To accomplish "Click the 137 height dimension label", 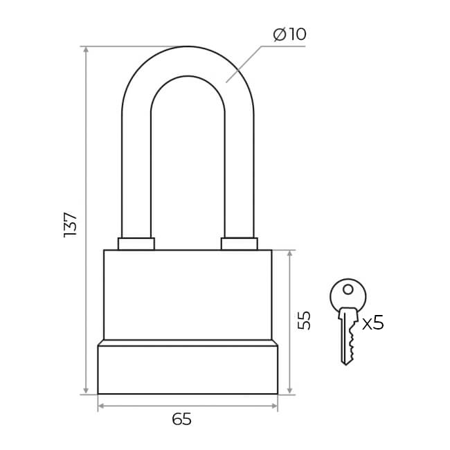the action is click(71, 225).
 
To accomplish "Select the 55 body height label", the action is click(304, 321).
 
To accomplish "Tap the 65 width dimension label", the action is click(181, 420).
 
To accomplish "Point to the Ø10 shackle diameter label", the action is click(290, 34).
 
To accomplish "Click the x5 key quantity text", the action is click(372, 323).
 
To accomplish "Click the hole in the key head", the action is click(348, 289).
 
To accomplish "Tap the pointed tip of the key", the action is click(346, 364).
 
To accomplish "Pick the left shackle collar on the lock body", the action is click(136, 244).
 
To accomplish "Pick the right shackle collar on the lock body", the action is click(240, 244).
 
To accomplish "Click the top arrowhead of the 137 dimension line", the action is click(86, 51).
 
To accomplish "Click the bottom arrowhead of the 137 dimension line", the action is click(86, 390).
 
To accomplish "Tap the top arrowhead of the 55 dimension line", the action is click(289, 254).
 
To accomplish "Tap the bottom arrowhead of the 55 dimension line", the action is click(289, 390).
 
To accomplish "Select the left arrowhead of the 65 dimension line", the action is click(102, 406).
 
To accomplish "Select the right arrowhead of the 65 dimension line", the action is click(273, 406).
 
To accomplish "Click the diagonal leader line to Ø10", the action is click(244, 64).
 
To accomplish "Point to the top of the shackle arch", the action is click(188, 46).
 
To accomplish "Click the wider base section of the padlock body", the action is click(188, 370).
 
